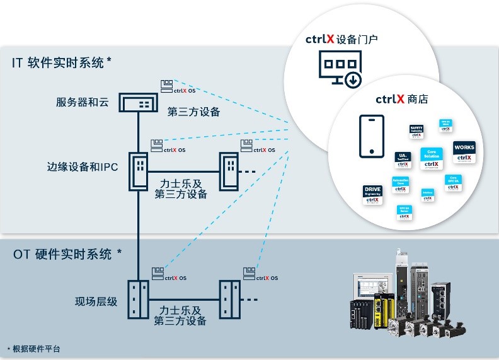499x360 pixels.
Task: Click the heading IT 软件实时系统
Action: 62,62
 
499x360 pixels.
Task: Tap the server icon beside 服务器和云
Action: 139,103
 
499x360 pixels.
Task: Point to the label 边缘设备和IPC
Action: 83,167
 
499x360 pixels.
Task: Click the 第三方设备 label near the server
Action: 193,112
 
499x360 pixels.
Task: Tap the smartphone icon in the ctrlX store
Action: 372,136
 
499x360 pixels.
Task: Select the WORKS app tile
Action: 464,150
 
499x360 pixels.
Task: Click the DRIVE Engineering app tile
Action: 374,192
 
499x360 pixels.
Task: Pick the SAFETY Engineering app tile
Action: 416,131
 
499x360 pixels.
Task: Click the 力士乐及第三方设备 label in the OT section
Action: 180,315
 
